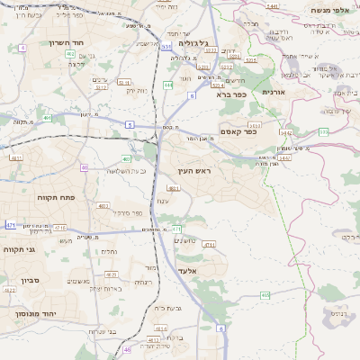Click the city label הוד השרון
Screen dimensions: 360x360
pos(66,42)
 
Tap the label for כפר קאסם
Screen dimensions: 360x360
pos(237,131)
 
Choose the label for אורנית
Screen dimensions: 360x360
pos(273,92)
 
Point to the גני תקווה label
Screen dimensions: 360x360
pos(19,249)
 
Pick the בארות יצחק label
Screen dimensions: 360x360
pos(106,288)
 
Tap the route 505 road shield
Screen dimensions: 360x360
pos(323,132)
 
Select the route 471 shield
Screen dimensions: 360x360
pos(10,223)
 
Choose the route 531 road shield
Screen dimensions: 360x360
pos(166,47)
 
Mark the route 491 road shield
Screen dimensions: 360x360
pos(46,117)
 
